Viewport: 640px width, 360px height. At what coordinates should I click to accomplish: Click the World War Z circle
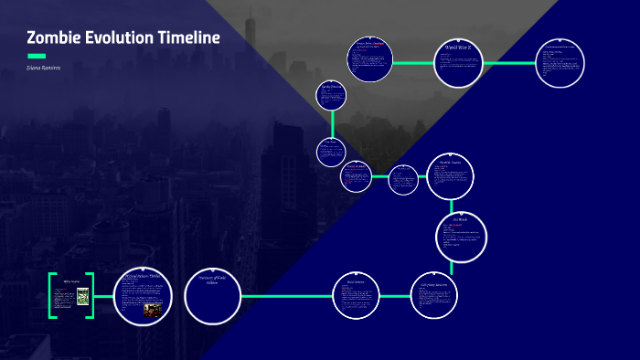458,63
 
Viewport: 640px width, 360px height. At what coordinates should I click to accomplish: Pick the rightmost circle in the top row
559,63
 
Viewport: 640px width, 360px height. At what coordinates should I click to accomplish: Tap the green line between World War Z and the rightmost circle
508,63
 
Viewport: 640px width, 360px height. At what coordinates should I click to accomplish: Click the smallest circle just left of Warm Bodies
402,179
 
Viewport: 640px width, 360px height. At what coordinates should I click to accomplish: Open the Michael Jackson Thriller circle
144,295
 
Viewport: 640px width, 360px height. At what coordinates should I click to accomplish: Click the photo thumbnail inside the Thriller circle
152,311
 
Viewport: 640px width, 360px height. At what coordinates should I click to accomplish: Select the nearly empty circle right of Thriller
212,295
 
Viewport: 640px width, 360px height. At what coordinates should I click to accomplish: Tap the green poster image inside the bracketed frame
83,296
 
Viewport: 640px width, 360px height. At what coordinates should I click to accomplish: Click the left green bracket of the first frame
52,295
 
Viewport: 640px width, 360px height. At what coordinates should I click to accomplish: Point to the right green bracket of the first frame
91,295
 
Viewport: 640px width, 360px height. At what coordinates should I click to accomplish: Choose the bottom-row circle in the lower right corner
434,295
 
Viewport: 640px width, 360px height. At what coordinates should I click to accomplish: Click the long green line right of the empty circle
285,296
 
